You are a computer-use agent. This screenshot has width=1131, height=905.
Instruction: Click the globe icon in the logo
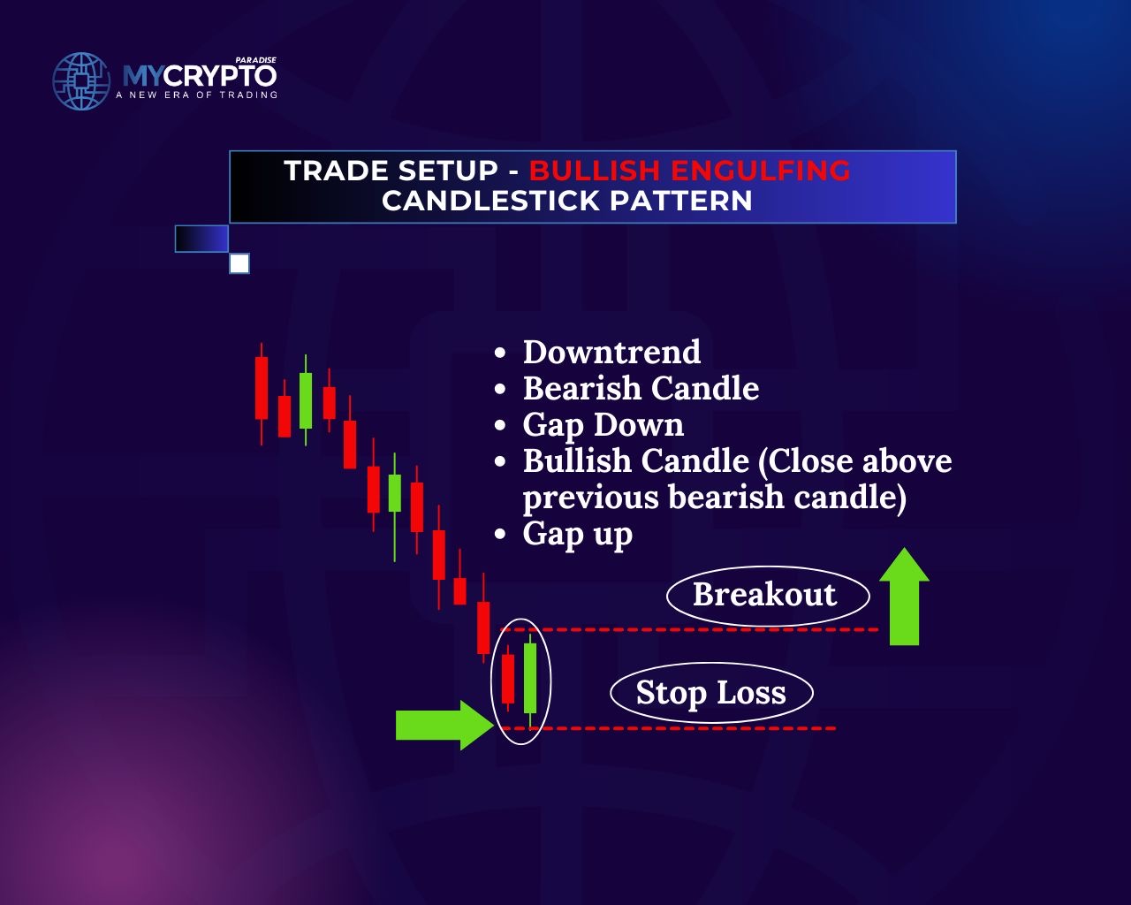(81, 81)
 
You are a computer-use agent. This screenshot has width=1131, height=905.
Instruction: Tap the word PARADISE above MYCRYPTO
(255, 60)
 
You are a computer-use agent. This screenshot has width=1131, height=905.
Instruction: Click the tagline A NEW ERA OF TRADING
(196, 95)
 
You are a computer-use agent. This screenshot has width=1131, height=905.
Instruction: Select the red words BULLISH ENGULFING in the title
(689, 171)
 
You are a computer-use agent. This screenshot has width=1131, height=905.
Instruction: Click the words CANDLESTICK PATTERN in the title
(567, 201)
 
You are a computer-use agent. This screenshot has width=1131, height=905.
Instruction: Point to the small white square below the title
(239, 263)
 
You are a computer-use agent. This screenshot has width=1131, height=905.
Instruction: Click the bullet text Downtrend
(611, 352)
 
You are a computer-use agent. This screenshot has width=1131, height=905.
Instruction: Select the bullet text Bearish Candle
(641, 388)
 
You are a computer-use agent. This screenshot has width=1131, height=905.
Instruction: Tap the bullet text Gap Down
(603, 426)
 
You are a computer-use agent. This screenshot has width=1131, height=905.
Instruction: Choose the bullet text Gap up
(578, 536)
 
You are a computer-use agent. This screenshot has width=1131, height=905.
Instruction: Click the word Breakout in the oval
(764, 594)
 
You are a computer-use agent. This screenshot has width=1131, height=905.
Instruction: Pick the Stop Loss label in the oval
(710, 693)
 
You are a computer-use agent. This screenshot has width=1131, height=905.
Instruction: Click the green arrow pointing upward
(904, 597)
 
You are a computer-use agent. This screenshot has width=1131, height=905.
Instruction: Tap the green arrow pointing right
(444, 726)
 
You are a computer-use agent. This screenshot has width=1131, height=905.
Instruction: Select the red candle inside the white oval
(508, 679)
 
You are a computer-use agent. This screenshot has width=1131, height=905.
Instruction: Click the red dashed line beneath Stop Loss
(668, 728)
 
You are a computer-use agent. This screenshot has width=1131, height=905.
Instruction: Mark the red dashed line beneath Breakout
(689, 629)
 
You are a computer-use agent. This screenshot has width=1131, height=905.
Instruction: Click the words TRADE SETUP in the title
(391, 171)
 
